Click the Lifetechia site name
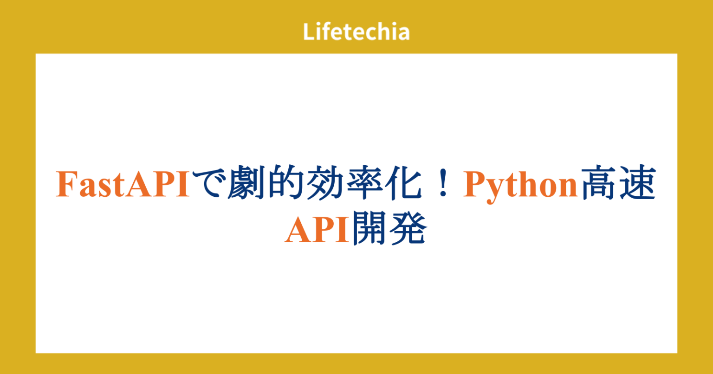pyautogui.click(x=356, y=32)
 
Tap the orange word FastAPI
pyautogui.click(x=123, y=185)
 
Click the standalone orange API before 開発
pyautogui.click(x=317, y=231)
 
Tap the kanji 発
pyautogui.click(x=408, y=231)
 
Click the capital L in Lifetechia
pyautogui.click(x=308, y=32)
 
